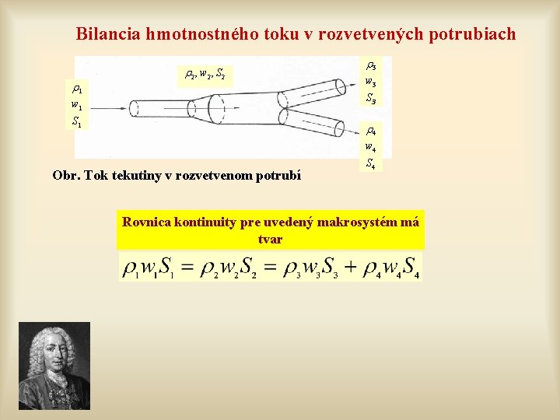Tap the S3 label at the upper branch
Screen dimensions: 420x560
coord(372,99)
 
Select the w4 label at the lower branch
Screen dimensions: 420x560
coord(372,147)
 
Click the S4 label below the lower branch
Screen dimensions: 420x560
coord(372,163)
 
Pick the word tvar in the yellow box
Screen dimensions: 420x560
coord(270,240)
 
